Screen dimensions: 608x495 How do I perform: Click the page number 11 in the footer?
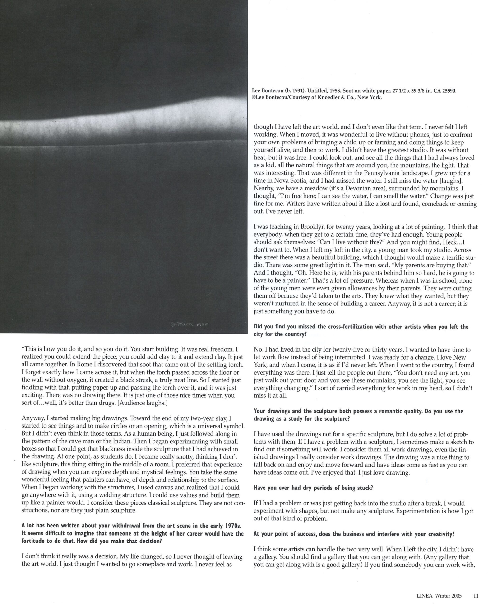[x=476, y=596]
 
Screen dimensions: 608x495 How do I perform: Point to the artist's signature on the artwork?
[x=189, y=325]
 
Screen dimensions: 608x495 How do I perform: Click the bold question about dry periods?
[x=313, y=488]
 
